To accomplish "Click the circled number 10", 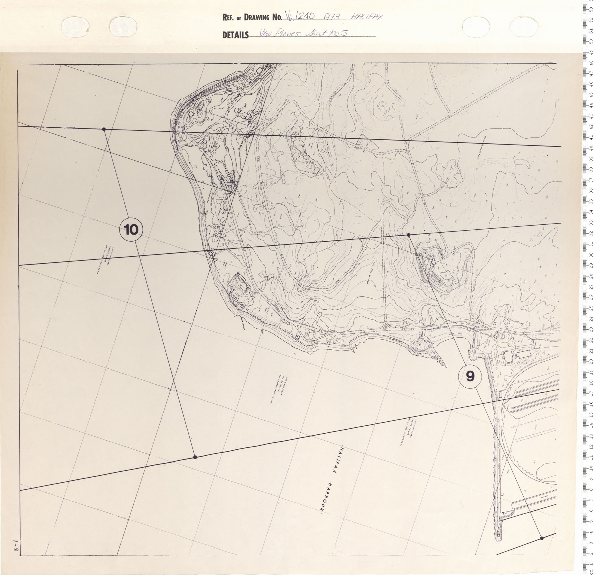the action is tap(131, 230).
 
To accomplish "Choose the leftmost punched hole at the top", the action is tap(75, 26).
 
